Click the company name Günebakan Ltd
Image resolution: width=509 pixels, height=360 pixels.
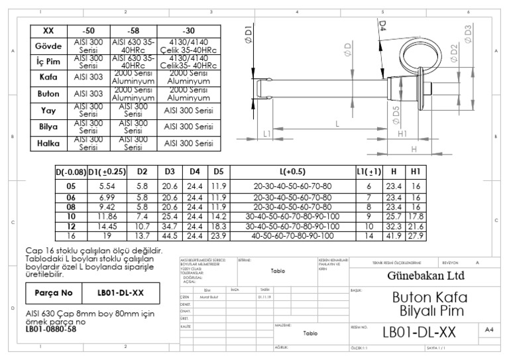(x=420, y=276)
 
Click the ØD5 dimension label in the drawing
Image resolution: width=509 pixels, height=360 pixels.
(x=395, y=113)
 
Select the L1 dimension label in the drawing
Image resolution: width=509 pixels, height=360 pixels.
(x=268, y=133)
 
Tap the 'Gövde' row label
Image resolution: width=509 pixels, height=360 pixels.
(x=48, y=47)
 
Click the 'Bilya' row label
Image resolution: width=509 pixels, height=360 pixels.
(x=48, y=125)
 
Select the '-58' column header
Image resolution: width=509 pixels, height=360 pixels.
(x=133, y=30)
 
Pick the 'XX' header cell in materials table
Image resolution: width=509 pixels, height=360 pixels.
(x=48, y=30)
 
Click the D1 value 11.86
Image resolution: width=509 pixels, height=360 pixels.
(x=107, y=216)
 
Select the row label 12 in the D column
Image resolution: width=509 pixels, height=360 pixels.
(x=70, y=225)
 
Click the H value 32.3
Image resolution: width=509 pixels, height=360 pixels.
(x=394, y=225)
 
